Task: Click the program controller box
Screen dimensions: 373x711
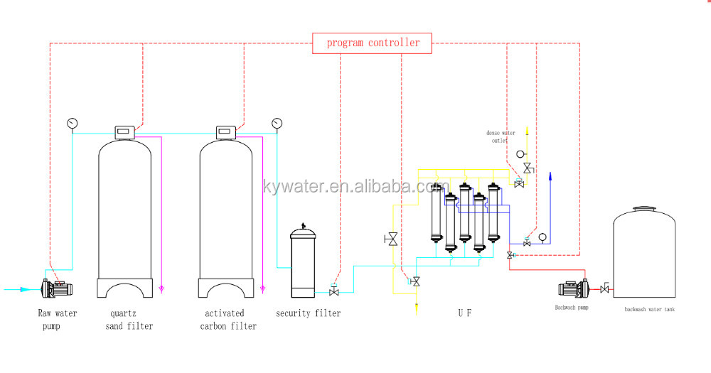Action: (x=373, y=43)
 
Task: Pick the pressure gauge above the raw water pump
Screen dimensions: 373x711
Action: (x=72, y=123)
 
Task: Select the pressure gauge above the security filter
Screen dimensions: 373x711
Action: (x=276, y=123)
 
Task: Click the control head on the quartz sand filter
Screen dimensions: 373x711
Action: (x=124, y=131)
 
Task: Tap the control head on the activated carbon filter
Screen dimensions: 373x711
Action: (x=226, y=131)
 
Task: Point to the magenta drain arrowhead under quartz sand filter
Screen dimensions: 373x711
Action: (x=161, y=289)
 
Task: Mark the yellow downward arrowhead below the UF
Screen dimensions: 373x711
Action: (x=416, y=307)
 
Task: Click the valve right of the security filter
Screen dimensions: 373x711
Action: (x=333, y=291)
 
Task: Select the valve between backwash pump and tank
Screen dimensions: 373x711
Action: (x=604, y=288)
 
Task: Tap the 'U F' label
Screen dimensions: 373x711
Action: (x=464, y=313)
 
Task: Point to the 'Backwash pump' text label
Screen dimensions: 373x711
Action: (x=572, y=308)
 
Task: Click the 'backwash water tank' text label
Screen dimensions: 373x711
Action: (x=650, y=309)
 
